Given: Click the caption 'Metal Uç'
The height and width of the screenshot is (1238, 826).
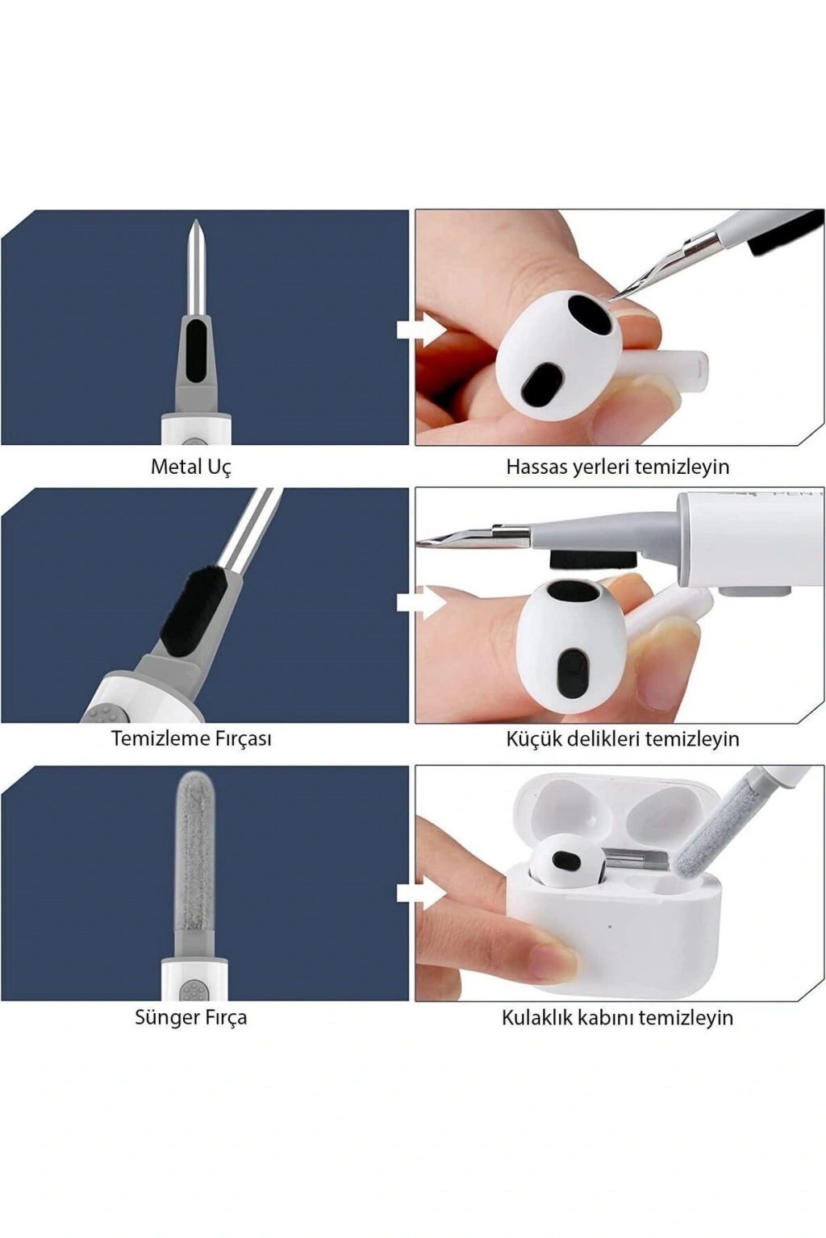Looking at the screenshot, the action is point(191,467).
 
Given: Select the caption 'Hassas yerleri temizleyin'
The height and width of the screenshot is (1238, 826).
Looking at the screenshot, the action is point(617,467).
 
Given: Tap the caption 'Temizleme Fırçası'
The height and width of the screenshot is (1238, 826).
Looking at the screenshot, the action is point(191,739).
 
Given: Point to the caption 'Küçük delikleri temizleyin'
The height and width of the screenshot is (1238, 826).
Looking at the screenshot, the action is point(623,739).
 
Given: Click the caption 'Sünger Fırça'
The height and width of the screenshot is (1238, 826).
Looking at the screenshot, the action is point(191,1017).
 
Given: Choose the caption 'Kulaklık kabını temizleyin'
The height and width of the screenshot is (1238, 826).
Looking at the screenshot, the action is point(617,1017).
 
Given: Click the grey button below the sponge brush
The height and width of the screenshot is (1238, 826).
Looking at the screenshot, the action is point(193,989).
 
